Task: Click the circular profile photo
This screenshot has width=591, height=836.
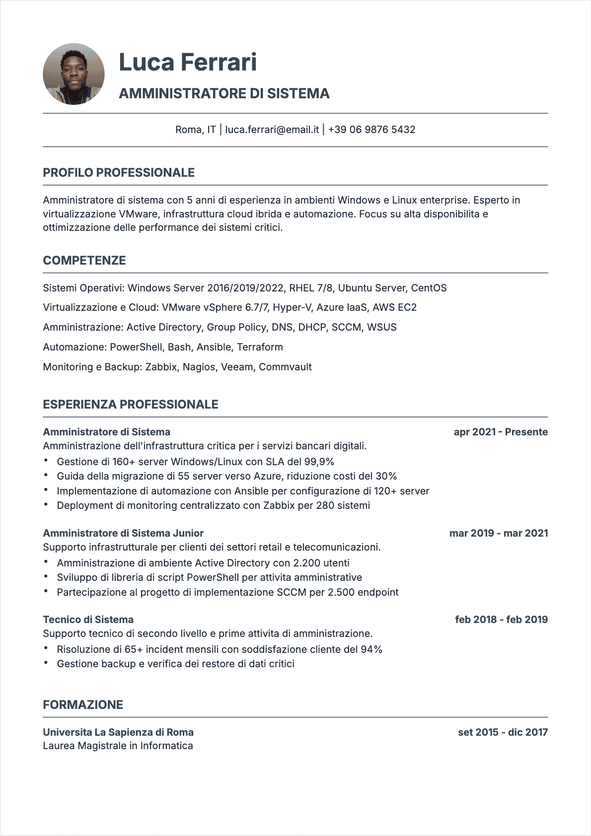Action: [x=74, y=74]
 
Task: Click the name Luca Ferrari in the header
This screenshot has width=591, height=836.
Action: [x=188, y=62]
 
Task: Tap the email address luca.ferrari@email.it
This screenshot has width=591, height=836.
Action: [x=272, y=130]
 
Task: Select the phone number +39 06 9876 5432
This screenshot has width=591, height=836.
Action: [x=371, y=130]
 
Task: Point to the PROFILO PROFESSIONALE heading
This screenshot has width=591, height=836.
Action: [x=119, y=173]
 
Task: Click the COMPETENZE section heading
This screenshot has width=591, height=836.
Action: [x=84, y=261]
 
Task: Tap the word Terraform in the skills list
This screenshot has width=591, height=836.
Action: [x=260, y=347]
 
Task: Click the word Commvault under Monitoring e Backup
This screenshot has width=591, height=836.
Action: [x=285, y=367]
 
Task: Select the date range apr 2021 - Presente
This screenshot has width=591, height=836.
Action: [x=500, y=432]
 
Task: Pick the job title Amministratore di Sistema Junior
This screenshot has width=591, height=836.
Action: [x=123, y=533]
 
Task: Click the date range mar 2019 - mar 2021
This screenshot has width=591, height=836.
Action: [x=498, y=533]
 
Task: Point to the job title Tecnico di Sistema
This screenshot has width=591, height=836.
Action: [x=88, y=620]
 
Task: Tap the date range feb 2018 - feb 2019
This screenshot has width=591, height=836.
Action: [x=501, y=620]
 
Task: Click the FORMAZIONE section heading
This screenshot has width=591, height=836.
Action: [x=83, y=705]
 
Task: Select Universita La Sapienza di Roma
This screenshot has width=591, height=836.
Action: [x=118, y=732]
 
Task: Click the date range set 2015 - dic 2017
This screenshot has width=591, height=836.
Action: [x=503, y=732]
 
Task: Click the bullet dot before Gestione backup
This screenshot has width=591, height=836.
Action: [x=46, y=663]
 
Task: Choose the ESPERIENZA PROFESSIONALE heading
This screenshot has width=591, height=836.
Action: [x=131, y=405]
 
